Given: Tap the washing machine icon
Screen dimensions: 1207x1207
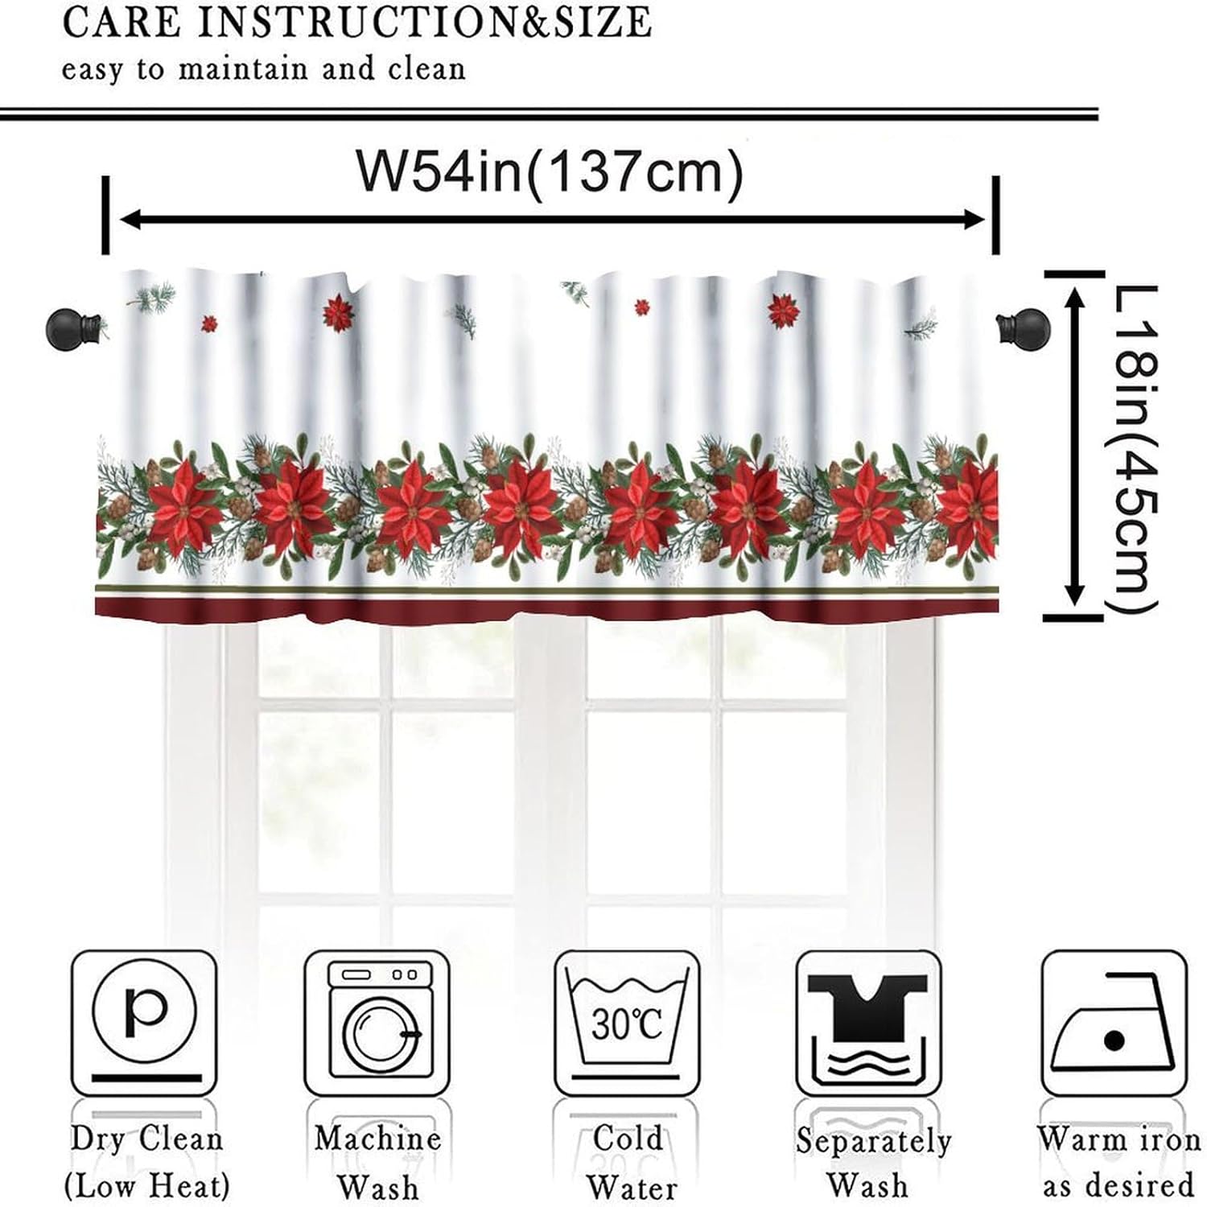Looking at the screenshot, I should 377,1022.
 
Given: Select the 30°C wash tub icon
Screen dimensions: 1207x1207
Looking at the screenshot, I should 627,1022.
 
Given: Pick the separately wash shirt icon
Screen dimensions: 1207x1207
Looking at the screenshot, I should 868,1022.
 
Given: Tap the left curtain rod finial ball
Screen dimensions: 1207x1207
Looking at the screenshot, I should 69,327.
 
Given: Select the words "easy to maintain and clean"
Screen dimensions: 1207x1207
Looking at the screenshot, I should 264,69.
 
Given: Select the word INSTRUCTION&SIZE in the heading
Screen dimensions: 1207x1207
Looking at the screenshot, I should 425,23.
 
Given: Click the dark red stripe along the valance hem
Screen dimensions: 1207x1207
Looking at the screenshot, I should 547,608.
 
